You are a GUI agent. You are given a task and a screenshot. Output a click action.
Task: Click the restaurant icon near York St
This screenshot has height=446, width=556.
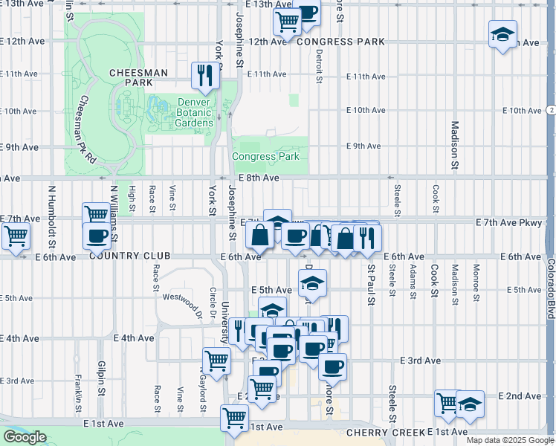pyautogui.click(x=203, y=75)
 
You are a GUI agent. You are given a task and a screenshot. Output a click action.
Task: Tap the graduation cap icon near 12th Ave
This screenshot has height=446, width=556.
pyautogui.click(x=502, y=35)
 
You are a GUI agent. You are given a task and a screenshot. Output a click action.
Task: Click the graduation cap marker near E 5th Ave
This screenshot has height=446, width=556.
pyautogui.click(x=312, y=283)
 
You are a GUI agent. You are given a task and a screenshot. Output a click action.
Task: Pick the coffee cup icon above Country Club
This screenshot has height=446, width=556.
pyautogui.click(x=97, y=236)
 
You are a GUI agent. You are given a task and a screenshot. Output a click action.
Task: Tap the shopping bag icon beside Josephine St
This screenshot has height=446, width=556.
pyautogui.click(x=259, y=236)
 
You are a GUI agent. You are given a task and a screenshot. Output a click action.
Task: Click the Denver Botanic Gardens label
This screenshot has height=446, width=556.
pyautogui.click(x=195, y=112)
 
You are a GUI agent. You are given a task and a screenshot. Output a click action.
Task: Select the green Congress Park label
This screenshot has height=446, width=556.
pyautogui.click(x=265, y=156)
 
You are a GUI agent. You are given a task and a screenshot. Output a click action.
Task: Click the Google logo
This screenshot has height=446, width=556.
pyautogui.click(x=25, y=437)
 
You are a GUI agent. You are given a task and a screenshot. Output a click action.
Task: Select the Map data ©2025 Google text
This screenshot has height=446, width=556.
pyautogui.click(x=509, y=440)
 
